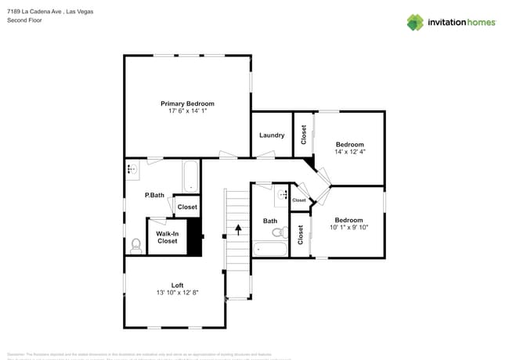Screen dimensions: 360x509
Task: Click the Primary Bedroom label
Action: pyautogui.click(x=187, y=103)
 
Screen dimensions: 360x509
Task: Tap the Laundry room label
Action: pyautogui.click(x=272, y=135)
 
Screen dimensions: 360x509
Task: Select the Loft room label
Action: pyautogui.click(x=178, y=285)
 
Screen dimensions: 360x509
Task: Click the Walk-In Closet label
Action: pyautogui.click(x=167, y=237)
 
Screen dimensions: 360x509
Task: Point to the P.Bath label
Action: pyautogui.click(x=154, y=195)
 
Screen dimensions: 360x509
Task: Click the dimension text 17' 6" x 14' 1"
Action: pyautogui.click(x=187, y=111)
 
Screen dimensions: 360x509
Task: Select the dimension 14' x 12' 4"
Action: pyautogui.click(x=350, y=152)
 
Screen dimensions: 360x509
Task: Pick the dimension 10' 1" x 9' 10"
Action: pyautogui.click(x=348, y=228)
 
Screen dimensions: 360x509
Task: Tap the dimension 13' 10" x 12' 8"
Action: pyautogui.click(x=178, y=293)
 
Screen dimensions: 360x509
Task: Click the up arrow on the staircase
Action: pyautogui.click(x=239, y=229)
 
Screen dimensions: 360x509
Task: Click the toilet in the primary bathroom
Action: pyautogui.click(x=135, y=245)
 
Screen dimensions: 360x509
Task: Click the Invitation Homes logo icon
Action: pyautogui.click(x=415, y=23)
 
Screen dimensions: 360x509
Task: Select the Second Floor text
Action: pyautogui.click(x=25, y=20)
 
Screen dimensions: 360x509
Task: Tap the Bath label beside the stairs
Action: pyautogui.click(x=270, y=221)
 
